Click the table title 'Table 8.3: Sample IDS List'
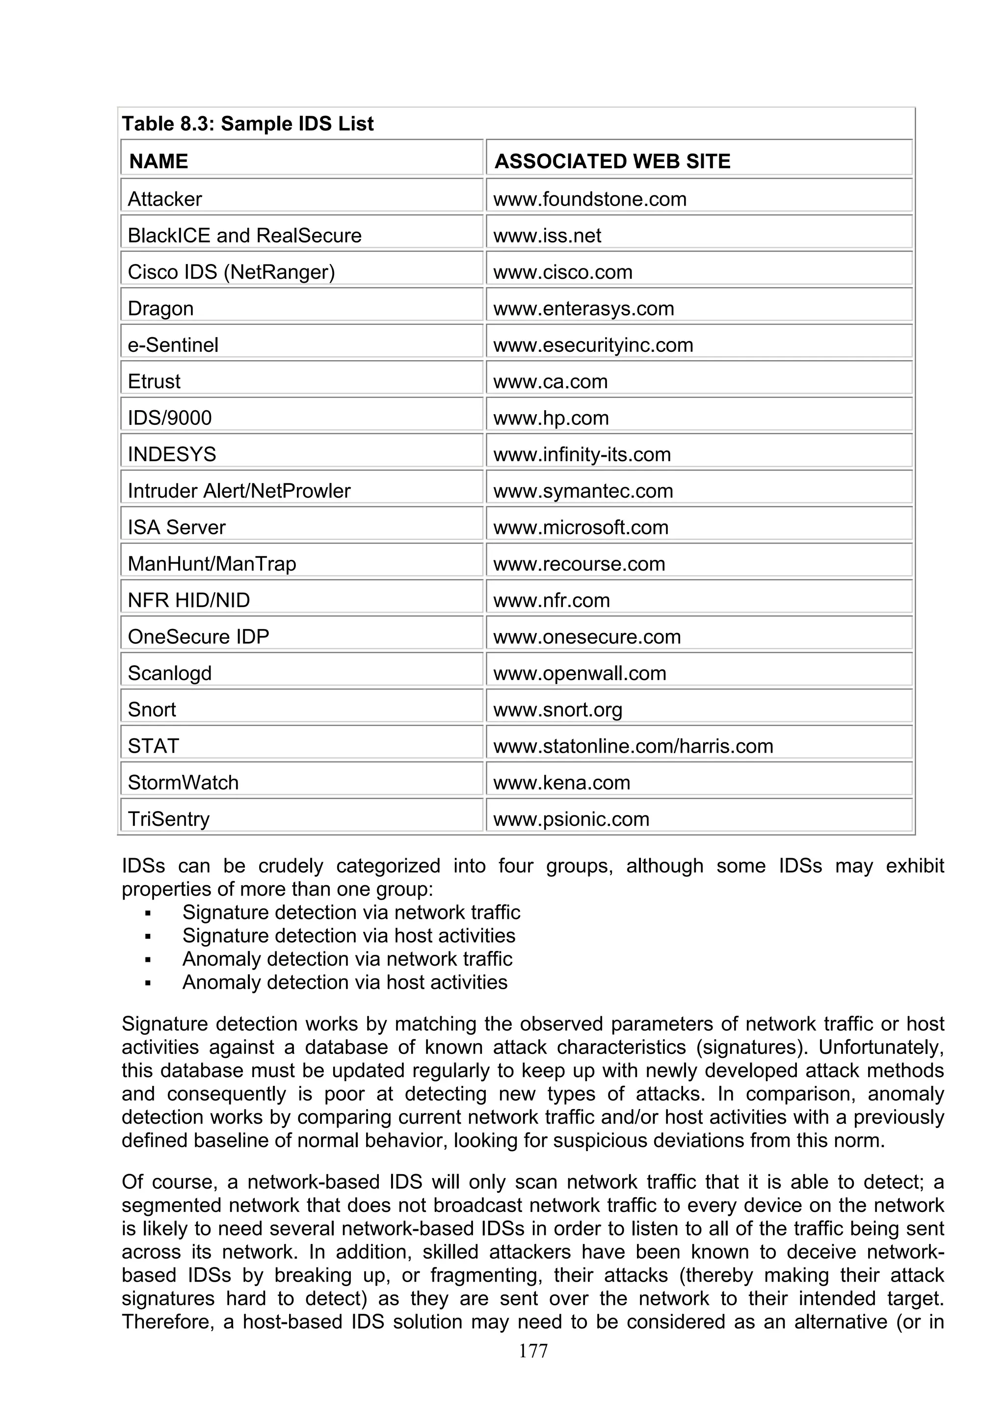tap(248, 124)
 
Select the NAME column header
tap(159, 161)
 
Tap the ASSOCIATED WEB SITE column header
tap(612, 161)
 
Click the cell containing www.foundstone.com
tap(589, 199)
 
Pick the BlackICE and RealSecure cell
tap(244, 236)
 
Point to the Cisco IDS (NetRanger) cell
tap(231, 272)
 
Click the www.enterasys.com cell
tap(583, 309)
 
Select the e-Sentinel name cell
tap(173, 345)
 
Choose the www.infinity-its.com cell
tap(582, 454)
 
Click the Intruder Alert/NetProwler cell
tap(238, 491)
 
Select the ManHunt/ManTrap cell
tap(212, 564)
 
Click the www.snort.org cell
tap(557, 710)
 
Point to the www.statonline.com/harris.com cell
tap(633, 746)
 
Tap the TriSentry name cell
tap(168, 819)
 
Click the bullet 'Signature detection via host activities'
tap(348, 936)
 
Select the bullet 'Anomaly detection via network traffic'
tap(347, 959)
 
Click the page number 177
tap(533, 1351)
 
